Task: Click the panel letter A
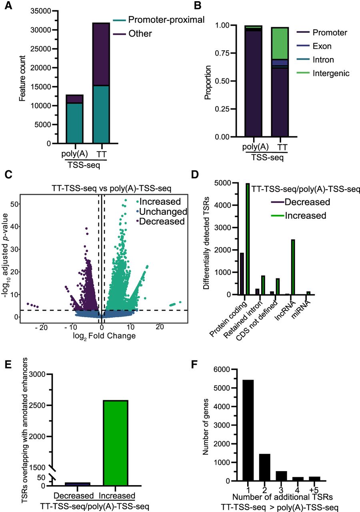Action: (8, 6)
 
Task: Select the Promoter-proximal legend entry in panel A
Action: (159, 20)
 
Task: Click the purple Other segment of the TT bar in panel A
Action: (101, 54)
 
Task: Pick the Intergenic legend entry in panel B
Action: (323, 73)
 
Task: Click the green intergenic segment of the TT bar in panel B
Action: (280, 44)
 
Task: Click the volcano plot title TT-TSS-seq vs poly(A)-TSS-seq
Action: (111, 188)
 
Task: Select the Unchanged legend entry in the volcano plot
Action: (162, 212)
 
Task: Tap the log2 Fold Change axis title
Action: (104, 336)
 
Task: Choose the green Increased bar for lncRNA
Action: (293, 267)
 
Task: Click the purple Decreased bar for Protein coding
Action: (242, 274)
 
